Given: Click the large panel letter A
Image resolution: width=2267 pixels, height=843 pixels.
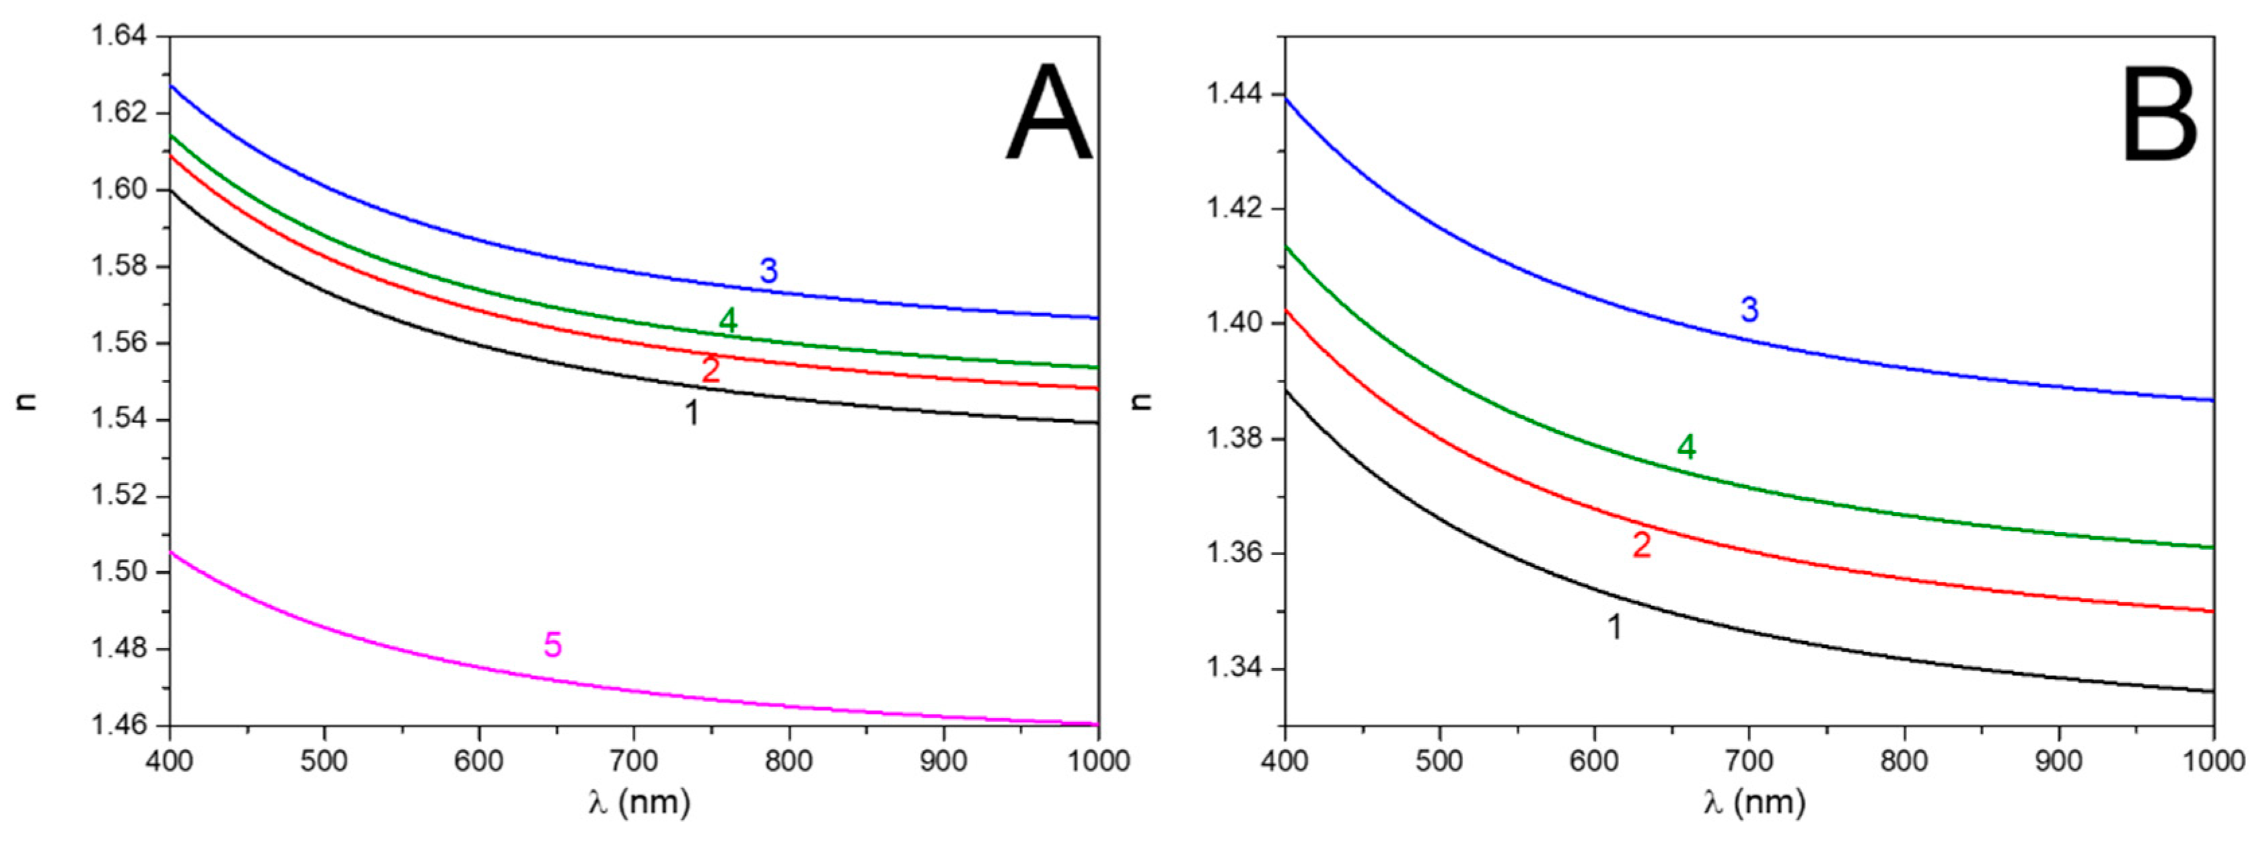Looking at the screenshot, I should coord(1048,114).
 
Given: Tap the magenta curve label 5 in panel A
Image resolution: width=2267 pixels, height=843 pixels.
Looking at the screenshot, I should coord(552,645).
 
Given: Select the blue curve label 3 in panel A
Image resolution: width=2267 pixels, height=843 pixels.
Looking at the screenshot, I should coord(768,271).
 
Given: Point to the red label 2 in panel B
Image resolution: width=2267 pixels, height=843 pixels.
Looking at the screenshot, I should coord(1641,546).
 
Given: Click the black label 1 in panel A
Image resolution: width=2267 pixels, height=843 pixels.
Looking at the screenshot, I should coord(692,412).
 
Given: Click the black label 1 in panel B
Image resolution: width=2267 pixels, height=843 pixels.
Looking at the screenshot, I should coord(1615,626).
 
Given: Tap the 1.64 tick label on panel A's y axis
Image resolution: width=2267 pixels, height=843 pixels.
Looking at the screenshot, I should coord(118,37).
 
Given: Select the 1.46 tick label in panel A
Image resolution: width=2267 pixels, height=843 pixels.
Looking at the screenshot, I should coord(118,726).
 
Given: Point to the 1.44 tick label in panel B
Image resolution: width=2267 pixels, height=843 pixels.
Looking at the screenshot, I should coord(1233,94).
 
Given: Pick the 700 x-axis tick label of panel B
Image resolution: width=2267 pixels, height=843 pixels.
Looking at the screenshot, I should coord(1749,761).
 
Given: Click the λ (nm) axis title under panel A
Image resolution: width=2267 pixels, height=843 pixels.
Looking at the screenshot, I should coord(639,803).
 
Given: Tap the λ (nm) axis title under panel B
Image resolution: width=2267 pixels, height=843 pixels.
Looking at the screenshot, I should coord(1754,803).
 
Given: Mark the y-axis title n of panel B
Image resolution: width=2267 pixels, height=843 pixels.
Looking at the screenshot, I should coord(1141,401).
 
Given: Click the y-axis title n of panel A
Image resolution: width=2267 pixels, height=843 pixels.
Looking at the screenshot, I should coord(26,401).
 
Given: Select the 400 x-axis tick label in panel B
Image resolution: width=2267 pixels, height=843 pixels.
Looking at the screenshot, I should coord(1285,761).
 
